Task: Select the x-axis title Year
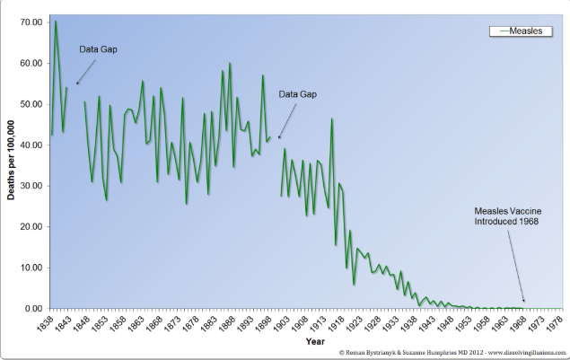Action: click(315, 341)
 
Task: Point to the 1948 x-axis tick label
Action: click(447, 321)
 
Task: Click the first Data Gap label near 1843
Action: click(98, 48)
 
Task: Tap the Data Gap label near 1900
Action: click(297, 93)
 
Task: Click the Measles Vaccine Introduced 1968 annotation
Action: click(508, 215)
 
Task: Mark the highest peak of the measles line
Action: click(56, 22)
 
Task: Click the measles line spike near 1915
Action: click(332, 119)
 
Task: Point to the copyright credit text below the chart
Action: click(452, 353)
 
